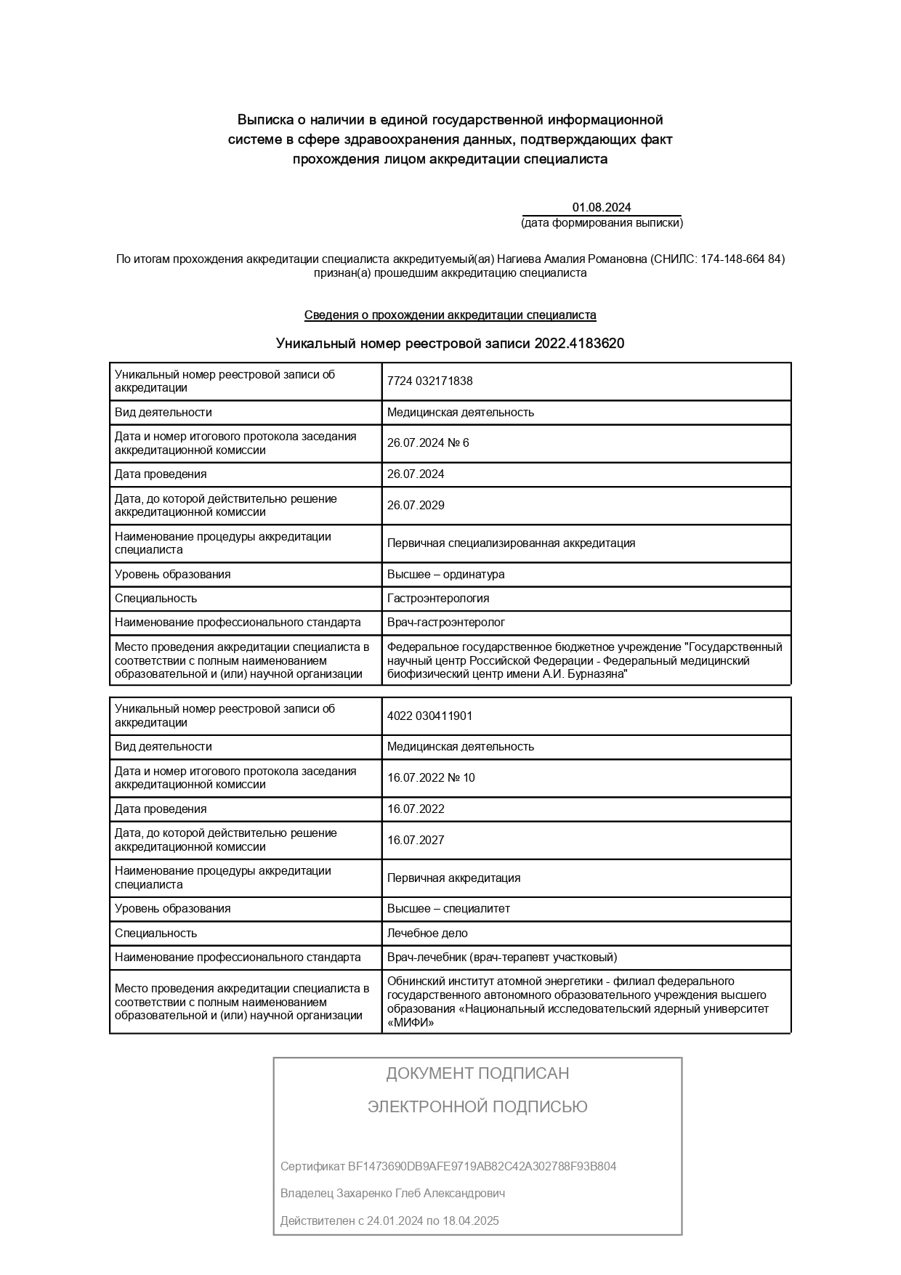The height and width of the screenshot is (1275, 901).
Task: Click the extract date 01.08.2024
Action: click(x=601, y=208)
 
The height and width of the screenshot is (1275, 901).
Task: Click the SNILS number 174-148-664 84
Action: click(x=740, y=259)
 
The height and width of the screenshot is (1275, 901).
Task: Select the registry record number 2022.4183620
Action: click(x=579, y=344)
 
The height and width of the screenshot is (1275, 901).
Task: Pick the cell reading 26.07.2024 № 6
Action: click(x=428, y=443)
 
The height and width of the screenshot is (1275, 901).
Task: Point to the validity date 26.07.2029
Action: click(x=416, y=506)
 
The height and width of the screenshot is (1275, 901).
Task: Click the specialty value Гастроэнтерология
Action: click(x=438, y=599)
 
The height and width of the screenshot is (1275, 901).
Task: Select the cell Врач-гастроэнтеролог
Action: click(x=445, y=623)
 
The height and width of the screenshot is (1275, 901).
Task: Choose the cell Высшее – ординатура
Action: click(x=445, y=575)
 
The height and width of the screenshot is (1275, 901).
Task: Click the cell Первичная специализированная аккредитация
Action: click(x=511, y=543)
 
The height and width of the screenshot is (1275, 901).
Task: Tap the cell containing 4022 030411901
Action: click(x=429, y=716)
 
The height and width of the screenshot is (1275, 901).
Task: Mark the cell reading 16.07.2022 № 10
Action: click(x=431, y=778)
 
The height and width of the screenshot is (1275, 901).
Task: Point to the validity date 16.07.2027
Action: click(x=416, y=841)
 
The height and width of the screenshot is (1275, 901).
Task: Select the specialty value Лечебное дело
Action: click(x=427, y=934)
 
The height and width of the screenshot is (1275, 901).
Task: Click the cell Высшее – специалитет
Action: click(x=448, y=909)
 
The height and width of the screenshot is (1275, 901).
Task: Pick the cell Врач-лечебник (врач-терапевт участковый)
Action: click(x=502, y=958)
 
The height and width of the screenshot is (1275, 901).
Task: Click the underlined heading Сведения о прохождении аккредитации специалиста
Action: click(x=450, y=315)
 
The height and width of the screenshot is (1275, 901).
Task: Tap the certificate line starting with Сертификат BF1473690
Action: click(x=448, y=1167)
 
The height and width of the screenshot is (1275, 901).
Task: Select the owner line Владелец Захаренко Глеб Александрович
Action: click(x=392, y=1194)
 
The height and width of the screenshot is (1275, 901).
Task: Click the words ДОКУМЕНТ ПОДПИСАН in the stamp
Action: click(x=477, y=1074)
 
